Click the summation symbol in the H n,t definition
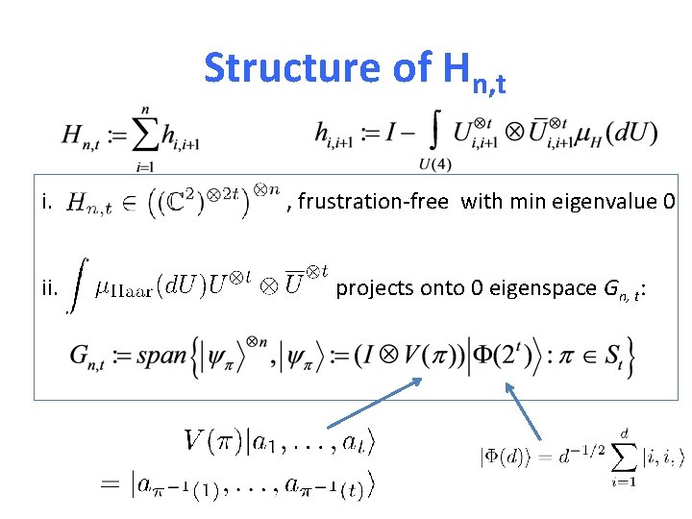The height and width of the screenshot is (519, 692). [x=145, y=136]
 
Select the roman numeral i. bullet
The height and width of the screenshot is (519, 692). [x=46, y=202]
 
